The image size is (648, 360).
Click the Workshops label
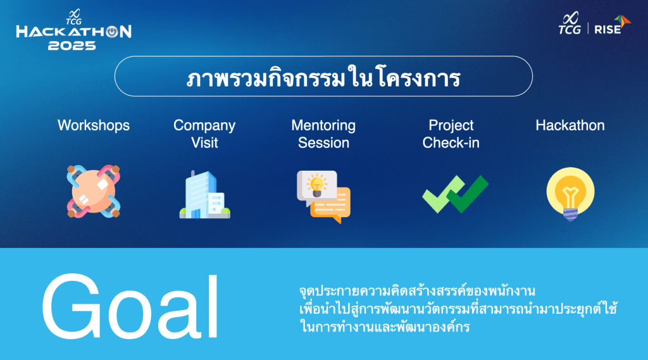click(94, 125)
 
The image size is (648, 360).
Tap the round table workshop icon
click(94, 191)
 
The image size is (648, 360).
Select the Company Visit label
click(204, 134)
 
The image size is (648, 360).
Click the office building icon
click(204, 194)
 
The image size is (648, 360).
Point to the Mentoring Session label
click(323, 134)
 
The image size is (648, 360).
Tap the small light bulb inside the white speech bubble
click(317, 185)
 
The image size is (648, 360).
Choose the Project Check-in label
click(451, 134)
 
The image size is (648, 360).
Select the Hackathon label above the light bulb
click(570, 125)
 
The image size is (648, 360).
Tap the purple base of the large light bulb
click(570, 214)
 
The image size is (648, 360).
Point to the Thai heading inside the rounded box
click(323, 77)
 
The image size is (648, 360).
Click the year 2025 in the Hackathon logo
click(72, 46)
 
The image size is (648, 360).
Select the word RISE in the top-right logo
click(607, 29)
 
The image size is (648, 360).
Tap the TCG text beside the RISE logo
click(570, 29)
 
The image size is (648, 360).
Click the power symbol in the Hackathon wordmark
click(112, 32)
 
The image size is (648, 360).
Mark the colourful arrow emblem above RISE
click(623, 21)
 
